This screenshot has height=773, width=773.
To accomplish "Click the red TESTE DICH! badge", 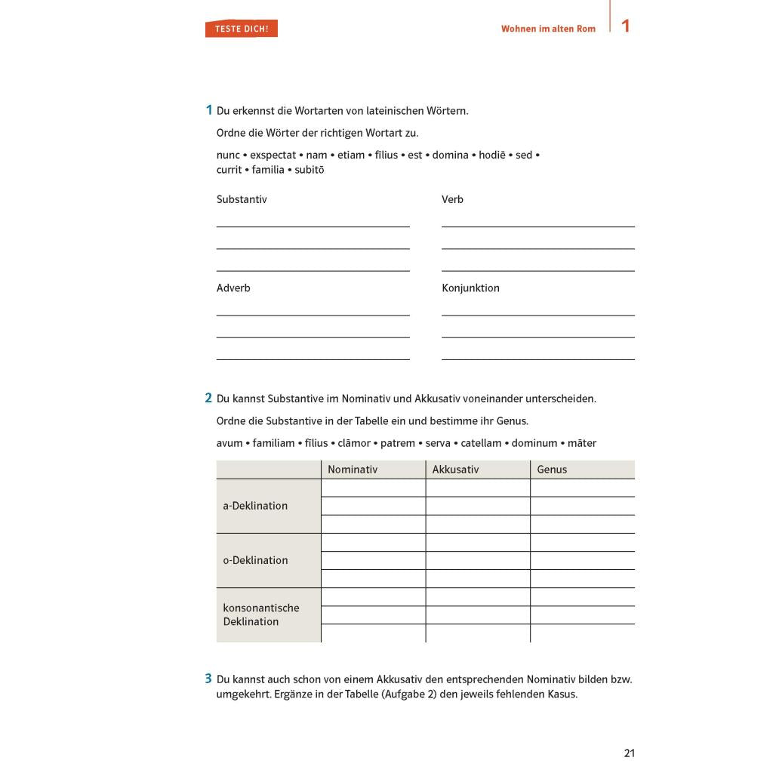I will tap(241, 29).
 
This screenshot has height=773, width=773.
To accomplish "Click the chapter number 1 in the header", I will tap(625, 26).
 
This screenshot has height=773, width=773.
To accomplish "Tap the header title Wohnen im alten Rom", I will tap(548, 29).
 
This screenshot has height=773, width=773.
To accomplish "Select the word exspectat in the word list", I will tap(273, 155).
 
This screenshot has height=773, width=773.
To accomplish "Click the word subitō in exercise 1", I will tap(310, 170).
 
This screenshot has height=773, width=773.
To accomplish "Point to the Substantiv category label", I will tap(242, 199).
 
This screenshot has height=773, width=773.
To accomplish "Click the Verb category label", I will tap(452, 199).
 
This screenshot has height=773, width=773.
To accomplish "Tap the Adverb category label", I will tap(233, 288).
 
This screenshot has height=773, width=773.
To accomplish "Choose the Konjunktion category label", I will tap(470, 288).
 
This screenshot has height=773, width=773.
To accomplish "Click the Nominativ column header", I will tap(353, 470).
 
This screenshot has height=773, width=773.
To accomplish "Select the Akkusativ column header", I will tap(455, 470).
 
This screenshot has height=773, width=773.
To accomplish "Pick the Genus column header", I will tap(552, 470).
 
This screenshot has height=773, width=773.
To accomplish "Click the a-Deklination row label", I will tap(255, 506).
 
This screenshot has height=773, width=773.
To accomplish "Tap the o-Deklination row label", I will tap(255, 560).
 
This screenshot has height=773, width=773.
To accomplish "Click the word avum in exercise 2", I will tap(229, 443).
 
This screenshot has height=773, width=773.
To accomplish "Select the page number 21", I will tap(630, 753).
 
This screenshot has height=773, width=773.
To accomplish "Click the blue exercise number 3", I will tap(208, 679).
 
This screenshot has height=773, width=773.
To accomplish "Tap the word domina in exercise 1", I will tap(450, 155).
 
